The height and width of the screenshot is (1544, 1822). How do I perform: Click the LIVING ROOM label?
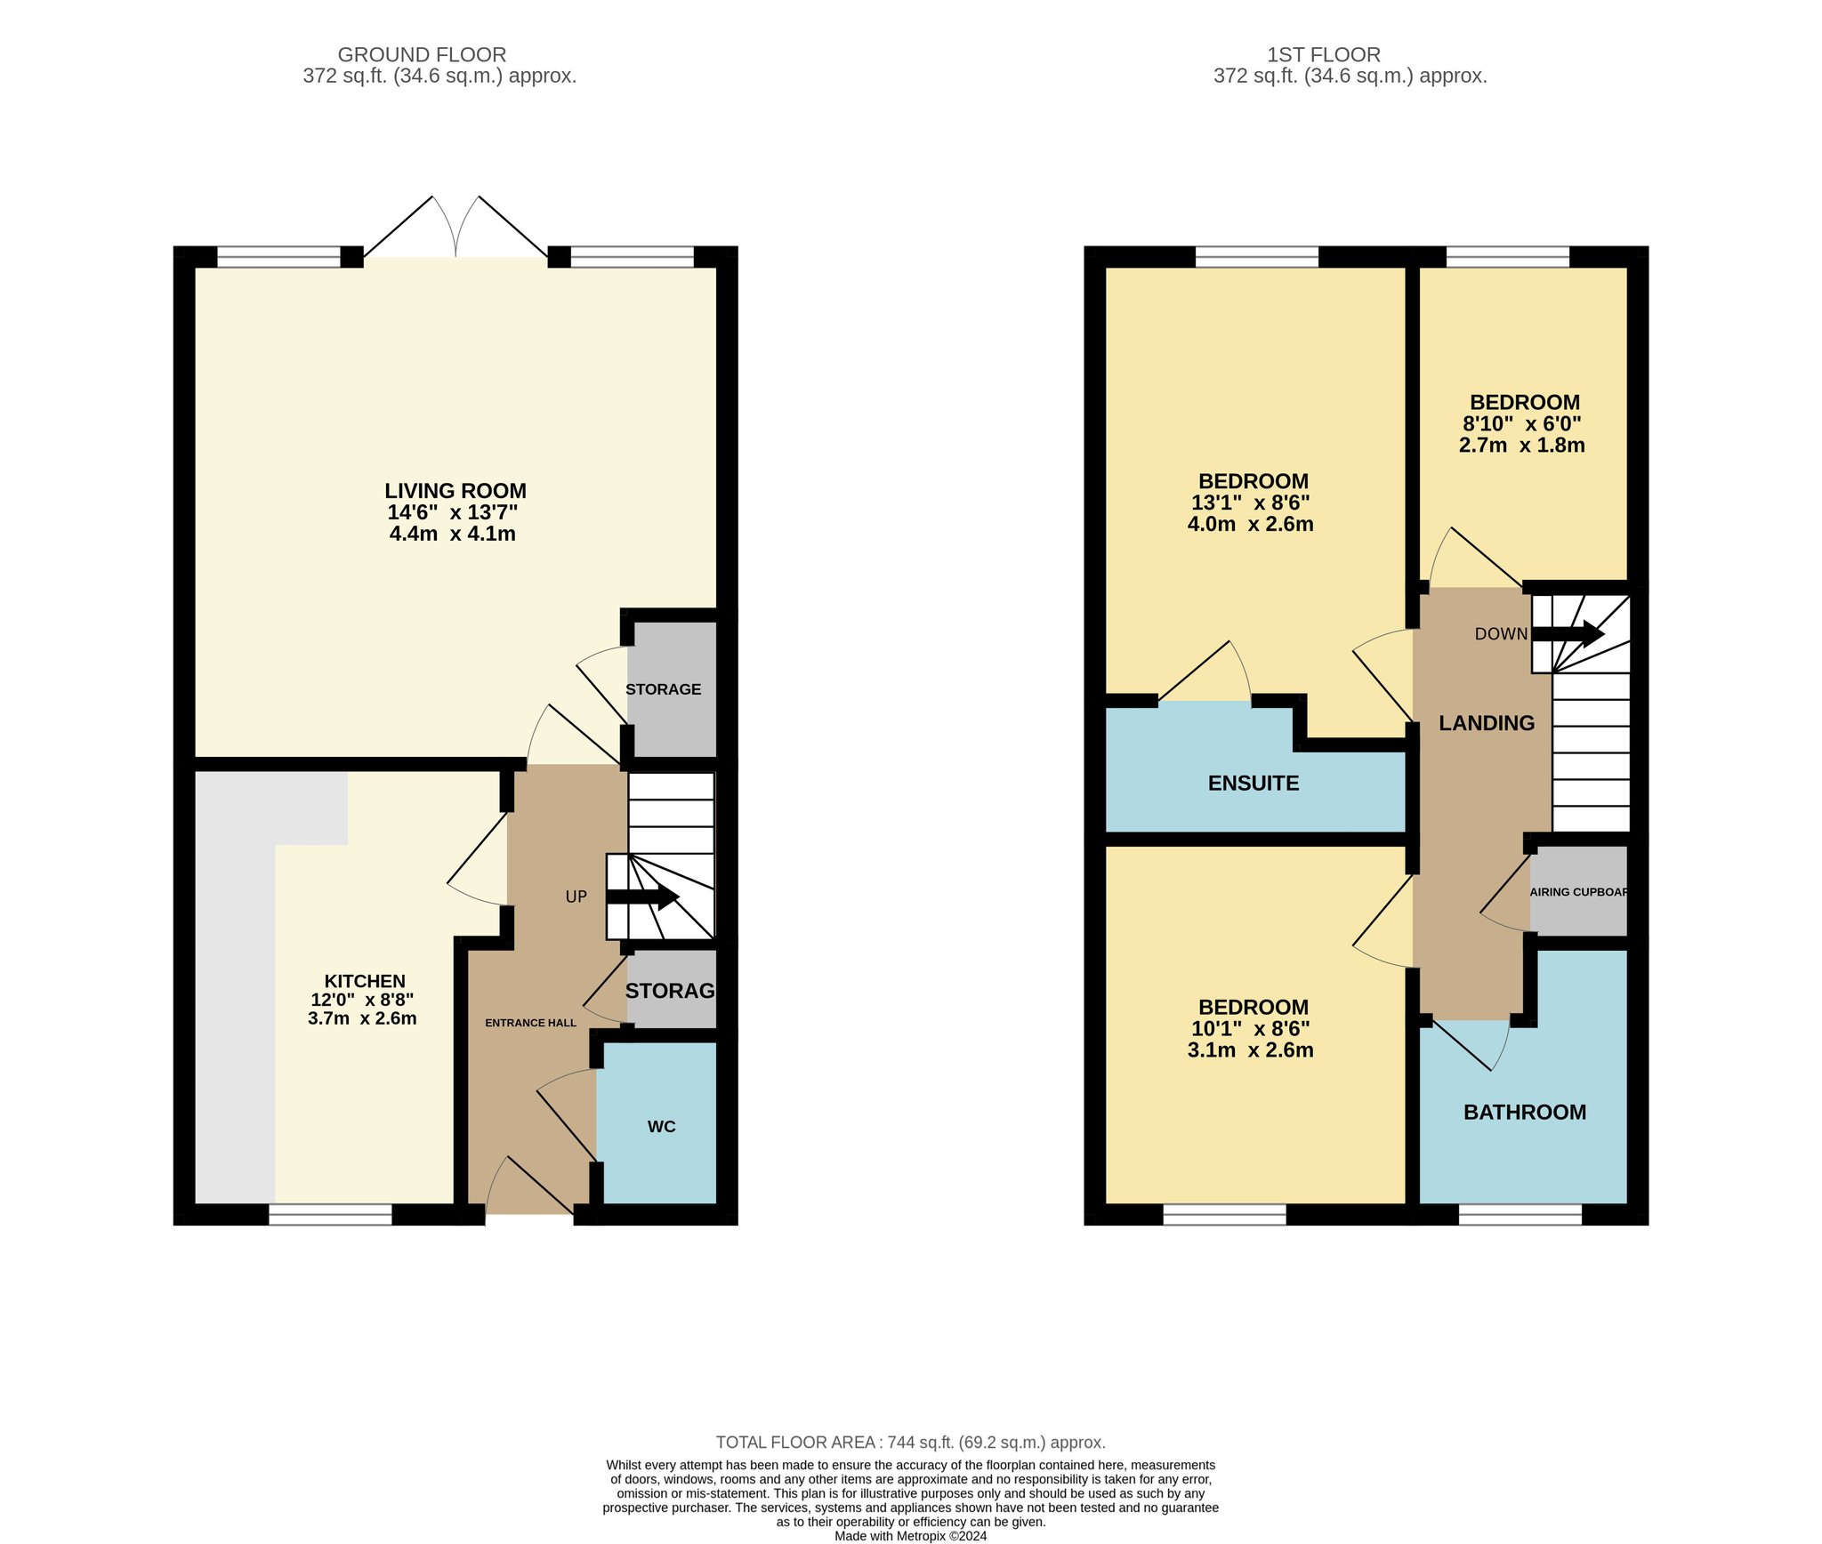pos(455,491)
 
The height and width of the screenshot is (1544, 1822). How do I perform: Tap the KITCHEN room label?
pos(365,981)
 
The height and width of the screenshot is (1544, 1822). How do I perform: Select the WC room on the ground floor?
pos(657,1122)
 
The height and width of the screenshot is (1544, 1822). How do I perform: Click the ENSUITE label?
pos(1254,783)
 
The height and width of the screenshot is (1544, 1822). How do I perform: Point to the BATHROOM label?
pos(1525,1112)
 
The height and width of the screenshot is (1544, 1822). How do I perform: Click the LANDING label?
pos(1487,723)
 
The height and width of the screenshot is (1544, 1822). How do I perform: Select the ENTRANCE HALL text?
pos(530,1023)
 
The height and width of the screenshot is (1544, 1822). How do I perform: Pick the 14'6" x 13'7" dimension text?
pos(453,512)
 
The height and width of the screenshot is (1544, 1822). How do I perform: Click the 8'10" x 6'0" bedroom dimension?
pos(1523,424)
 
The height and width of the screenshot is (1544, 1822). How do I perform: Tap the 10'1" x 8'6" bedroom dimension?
pos(1251,1029)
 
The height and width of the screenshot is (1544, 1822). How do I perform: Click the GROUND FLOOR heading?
pos(422,55)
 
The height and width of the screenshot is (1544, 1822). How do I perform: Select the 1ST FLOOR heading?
pos(1324,55)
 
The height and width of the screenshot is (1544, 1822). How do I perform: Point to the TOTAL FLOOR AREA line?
pos(911,1443)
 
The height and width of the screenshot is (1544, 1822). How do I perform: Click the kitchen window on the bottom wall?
pos(330,1215)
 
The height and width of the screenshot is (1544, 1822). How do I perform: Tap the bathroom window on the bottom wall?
pos(1520,1215)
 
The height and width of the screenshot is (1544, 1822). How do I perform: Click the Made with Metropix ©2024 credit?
pos(911,1536)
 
